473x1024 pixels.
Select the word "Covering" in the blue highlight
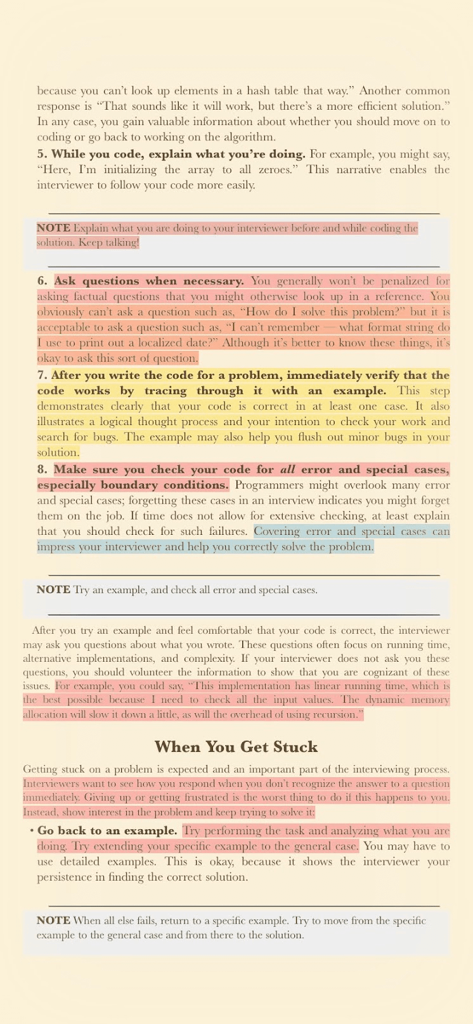coord(278,532)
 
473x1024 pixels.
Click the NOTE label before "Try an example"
coord(53,590)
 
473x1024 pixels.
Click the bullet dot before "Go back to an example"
coord(31,831)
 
